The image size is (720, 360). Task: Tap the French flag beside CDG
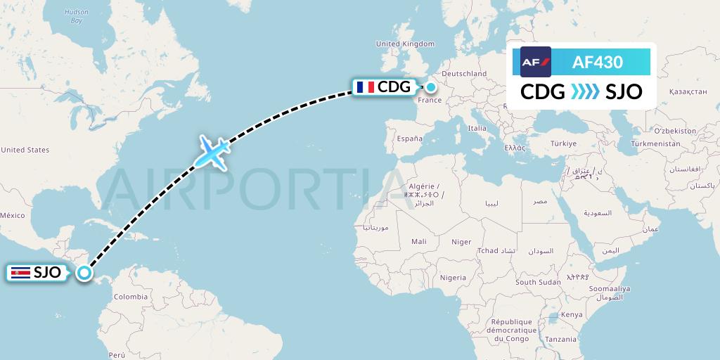point(365,87)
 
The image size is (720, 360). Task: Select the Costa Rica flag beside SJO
point(20,273)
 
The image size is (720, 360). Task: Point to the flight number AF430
point(597,62)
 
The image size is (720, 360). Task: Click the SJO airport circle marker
point(84,273)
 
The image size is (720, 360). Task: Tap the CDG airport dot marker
point(430,87)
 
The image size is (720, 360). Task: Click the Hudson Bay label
point(76,16)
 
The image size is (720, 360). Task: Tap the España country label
point(409,139)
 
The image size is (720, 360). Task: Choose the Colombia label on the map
point(130,296)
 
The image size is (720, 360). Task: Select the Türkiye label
point(562,143)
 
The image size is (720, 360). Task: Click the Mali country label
point(419,241)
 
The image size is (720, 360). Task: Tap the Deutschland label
point(464,73)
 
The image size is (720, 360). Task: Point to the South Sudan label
point(538,282)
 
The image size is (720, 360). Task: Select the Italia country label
point(477,129)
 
